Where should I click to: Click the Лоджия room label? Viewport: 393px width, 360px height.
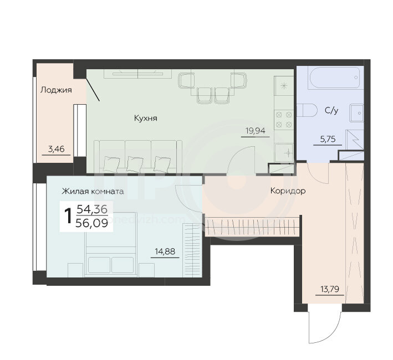click(x=56, y=90)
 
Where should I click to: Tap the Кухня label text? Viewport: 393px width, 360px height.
click(x=146, y=118)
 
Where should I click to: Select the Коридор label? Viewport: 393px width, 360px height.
click(x=288, y=191)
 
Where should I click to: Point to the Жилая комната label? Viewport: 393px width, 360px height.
click(x=93, y=192)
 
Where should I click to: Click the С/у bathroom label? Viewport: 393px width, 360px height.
click(x=331, y=110)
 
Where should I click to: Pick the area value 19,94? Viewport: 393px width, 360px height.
click(x=256, y=131)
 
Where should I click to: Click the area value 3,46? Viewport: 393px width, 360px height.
click(x=56, y=149)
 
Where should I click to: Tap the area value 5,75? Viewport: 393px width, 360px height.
click(x=328, y=138)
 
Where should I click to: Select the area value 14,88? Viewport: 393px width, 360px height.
click(x=165, y=251)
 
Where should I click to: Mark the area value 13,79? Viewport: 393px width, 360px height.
click(x=330, y=290)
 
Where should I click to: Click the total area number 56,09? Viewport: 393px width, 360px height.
click(x=91, y=223)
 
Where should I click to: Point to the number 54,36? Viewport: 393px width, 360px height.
click(x=92, y=209)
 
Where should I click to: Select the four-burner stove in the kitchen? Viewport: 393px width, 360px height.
click(x=284, y=120)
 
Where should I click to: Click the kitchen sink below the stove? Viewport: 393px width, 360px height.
click(x=284, y=153)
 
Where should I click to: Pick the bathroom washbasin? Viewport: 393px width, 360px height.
click(x=356, y=113)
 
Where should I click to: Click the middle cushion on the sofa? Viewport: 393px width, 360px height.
click(x=135, y=164)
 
